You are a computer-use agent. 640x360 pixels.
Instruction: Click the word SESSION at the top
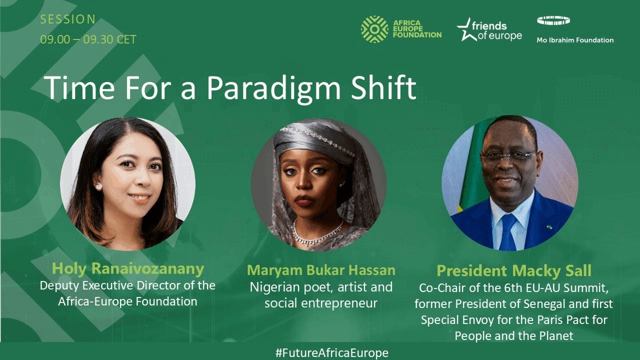[x=67, y=20]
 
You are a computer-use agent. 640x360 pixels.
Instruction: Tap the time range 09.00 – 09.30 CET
[x=88, y=39]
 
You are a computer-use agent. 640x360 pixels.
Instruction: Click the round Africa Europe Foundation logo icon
[x=374, y=29]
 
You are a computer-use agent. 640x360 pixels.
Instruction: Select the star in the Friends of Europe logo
[x=465, y=30]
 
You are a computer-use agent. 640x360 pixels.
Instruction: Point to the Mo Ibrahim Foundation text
[x=574, y=40]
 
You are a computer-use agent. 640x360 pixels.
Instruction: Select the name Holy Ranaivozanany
[x=127, y=269]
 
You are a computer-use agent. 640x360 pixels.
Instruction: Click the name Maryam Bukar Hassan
[x=321, y=270]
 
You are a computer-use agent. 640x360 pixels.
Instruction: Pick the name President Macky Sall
[x=513, y=271]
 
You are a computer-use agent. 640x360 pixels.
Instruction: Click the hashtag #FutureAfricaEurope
[x=331, y=352]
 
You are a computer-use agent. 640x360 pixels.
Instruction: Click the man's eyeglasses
[x=508, y=155]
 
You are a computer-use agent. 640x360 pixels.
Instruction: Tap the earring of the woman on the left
[x=98, y=186]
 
